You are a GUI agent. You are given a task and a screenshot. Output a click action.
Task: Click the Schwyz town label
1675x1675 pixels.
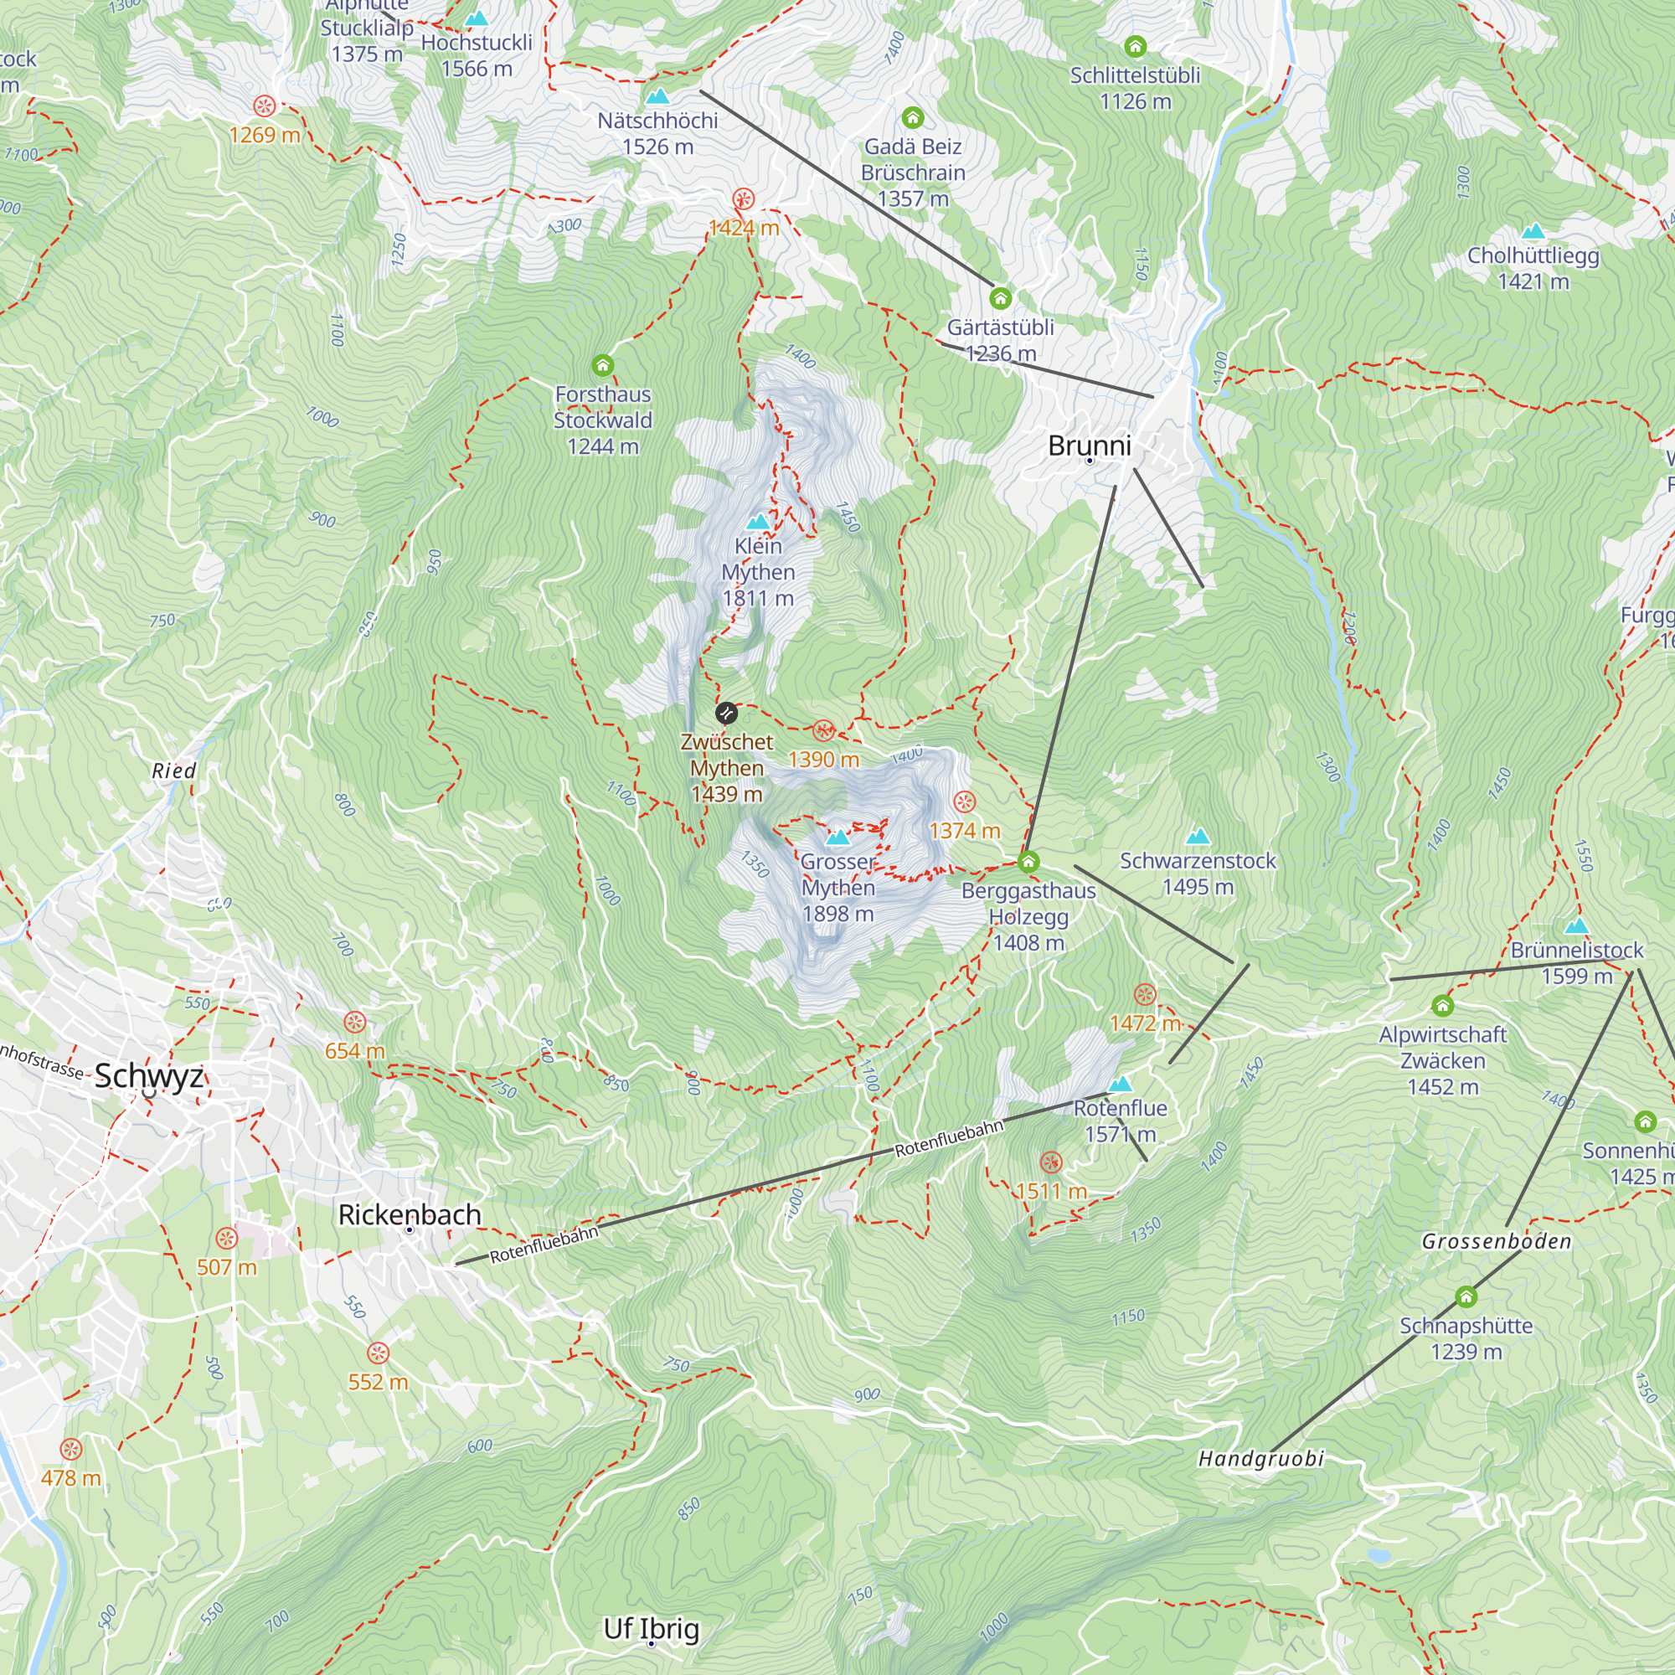(x=149, y=1076)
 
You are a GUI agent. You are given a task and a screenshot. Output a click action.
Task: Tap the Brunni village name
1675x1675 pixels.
(x=1089, y=446)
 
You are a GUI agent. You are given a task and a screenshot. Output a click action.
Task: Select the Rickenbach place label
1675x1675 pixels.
(x=410, y=1214)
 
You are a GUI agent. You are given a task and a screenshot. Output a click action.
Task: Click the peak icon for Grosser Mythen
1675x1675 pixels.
(x=837, y=837)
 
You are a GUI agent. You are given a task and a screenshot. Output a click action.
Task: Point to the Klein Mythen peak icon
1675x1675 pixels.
(x=759, y=522)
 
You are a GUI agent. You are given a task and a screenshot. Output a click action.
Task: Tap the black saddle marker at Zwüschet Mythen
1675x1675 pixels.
(x=726, y=714)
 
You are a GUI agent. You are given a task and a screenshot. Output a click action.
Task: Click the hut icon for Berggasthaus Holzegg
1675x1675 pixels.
(x=1028, y=862)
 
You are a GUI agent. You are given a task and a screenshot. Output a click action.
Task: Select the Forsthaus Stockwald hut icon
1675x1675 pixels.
(x=602, y=365)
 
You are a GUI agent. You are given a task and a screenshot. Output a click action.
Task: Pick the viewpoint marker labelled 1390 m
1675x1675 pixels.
(x=823, y=730)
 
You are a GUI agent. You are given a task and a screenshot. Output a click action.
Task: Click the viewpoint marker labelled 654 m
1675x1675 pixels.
(x=354, y=1021)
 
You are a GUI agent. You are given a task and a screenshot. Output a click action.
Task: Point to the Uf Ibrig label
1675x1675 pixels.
(x=651, y=1628)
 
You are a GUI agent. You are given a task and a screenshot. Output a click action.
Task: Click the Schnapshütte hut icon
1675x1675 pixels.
(x=1465, y=1297)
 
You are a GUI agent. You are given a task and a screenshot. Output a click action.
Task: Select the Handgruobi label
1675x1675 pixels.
(x=1260, y=1458)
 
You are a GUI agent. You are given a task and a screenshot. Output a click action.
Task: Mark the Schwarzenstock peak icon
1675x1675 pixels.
(x=1198, y=837)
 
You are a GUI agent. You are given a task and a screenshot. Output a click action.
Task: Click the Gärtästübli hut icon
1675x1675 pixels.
(x=1001, y=299)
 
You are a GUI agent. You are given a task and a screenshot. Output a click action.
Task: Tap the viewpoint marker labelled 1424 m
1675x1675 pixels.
(x=743, y=199)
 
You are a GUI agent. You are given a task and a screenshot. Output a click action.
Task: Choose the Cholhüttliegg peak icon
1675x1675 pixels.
(x=1533, y=231)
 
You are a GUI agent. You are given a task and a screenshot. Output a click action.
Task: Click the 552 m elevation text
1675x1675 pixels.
(x=377, y=1382)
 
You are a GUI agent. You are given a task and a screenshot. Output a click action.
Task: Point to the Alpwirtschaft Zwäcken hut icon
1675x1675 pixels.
(x=1443, y=1006)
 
